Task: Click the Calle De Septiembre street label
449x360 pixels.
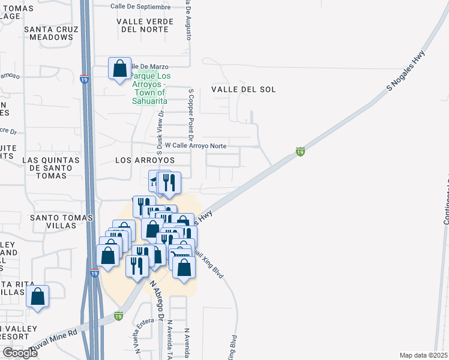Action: click(x=140, y=6)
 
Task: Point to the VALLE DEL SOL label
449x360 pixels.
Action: click(x=244, y=89)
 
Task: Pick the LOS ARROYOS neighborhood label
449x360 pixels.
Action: click(x=145, y=161)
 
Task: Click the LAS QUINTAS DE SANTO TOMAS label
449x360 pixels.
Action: click(x=50, y=164)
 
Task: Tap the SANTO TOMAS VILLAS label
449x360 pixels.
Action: click(x=47, y=221)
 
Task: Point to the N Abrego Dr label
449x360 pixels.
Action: click(x=157, y=301)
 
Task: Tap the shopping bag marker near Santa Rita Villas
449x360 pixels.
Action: click(x=38, y=296)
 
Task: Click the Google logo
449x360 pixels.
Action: click(x=19, y=353)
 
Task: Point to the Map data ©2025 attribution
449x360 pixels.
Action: click(x=424, y=355)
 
